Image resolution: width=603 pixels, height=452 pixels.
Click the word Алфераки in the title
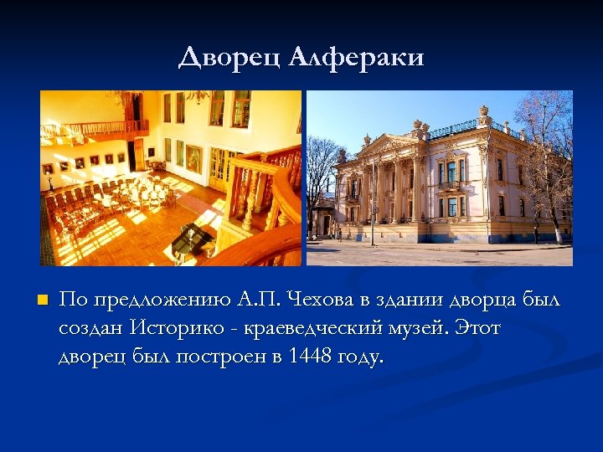point(357,58)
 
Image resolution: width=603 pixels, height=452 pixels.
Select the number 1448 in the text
point(309,357)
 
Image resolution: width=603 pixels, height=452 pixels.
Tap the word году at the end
point(359,357)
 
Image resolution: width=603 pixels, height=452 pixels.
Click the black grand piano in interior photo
point(194,241)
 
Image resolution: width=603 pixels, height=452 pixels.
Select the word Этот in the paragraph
point(478,328)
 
